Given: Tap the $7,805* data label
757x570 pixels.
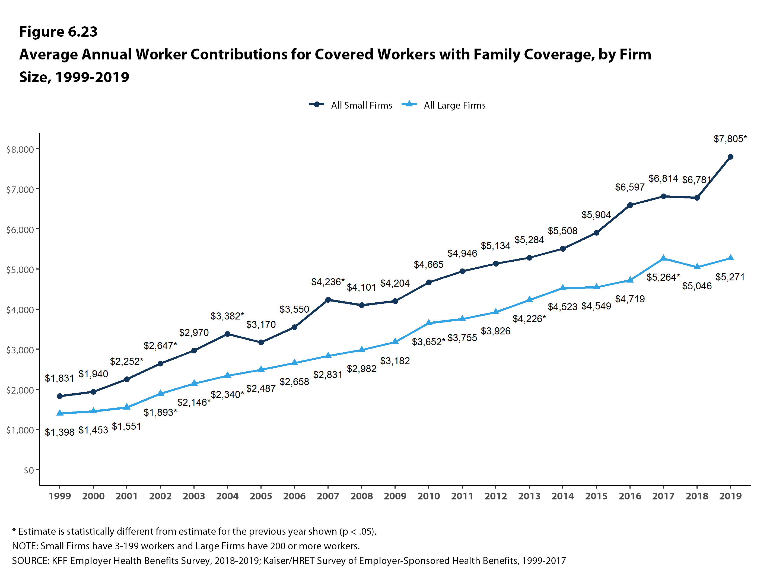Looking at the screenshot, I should click(x=730, y=139).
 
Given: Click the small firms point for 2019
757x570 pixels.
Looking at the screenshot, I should click(x=730, y=157).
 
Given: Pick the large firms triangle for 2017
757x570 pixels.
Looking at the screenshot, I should click(x=663, y=258).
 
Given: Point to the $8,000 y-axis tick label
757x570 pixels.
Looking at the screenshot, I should click(x=20, y=149).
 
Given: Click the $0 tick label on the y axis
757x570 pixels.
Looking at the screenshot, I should click(x=28, y=470).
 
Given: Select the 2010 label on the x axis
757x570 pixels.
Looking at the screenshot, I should click(x=428, y=496).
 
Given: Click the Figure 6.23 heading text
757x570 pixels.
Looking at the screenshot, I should click(x=58, y=31).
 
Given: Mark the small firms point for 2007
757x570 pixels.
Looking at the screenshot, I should click(x=328, y=300).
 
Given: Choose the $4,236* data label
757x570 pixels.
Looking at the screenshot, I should click(x=327, y=282).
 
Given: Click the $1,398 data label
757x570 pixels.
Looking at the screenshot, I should click(x=59, y=432).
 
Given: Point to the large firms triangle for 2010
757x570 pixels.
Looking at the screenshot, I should click(x=428, y=323).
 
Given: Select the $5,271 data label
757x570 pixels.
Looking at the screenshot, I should click(x=730, y=277).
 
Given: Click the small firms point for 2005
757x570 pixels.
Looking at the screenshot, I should click(x=261, y=342).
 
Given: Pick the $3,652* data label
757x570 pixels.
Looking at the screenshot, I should click(x=428, y=342).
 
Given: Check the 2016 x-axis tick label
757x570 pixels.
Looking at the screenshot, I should click(x=630, y=496).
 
